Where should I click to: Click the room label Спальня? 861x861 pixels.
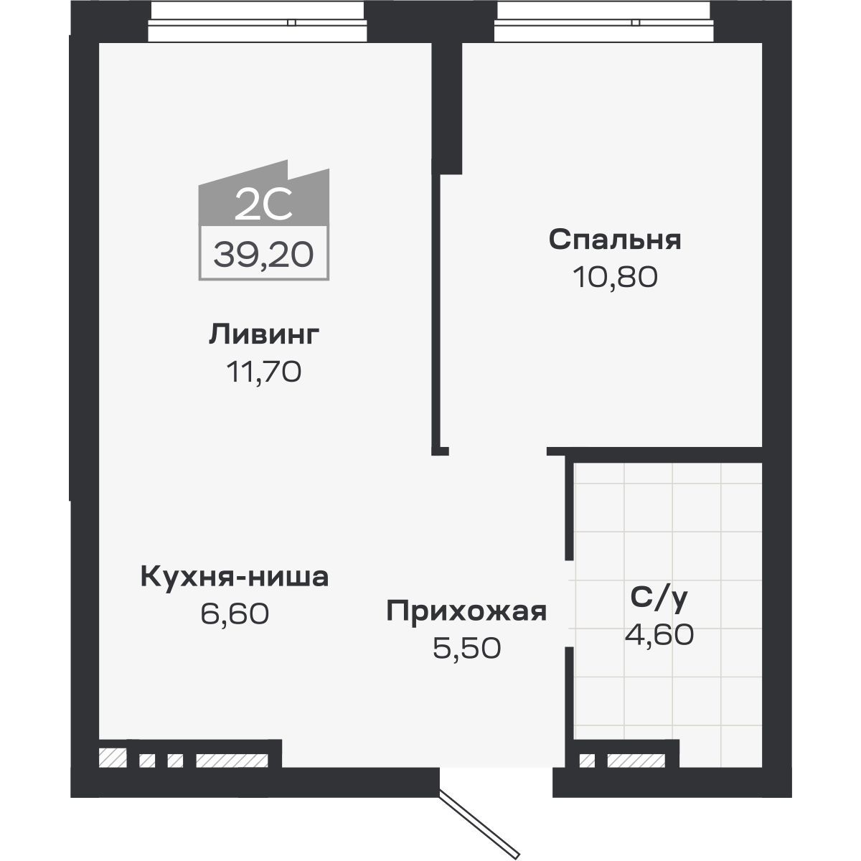[615, 240]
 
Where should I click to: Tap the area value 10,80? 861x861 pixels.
[615, 277]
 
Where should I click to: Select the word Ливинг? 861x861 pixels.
[264, 335]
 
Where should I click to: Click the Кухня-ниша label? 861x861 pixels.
[235, 576]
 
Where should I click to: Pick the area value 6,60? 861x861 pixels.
[235, 613]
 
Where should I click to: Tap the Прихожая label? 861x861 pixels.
[466, 611]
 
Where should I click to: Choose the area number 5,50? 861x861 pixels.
[466, 649]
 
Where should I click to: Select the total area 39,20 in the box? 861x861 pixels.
[263, 253]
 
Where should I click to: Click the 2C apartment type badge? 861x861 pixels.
[263, 207]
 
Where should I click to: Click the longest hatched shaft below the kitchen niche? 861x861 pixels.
[232, 760]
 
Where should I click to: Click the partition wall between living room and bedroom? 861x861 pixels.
[436, 309]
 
